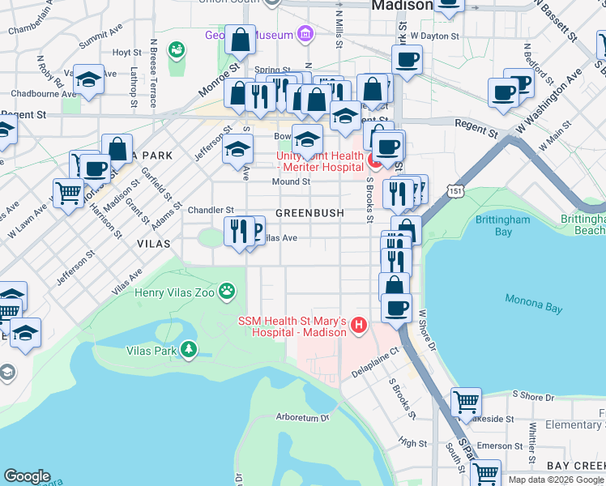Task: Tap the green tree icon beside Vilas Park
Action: [189, 350]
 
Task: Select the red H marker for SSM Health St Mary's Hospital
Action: [359, 327]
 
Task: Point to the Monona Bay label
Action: [533, 300]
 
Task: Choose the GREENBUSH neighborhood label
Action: [309, 213]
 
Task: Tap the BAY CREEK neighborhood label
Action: [575, 466]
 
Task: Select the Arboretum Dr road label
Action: [303, 418]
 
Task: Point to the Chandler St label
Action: [211, 210]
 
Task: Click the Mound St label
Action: [291, 182]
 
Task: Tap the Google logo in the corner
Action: [27, 476]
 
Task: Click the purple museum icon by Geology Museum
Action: [305, 34]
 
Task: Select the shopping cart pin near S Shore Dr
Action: [466, 401]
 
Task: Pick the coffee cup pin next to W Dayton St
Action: [407, 58]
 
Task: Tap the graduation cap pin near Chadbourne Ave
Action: [88, 79]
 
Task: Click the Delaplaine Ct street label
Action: [377, 363]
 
